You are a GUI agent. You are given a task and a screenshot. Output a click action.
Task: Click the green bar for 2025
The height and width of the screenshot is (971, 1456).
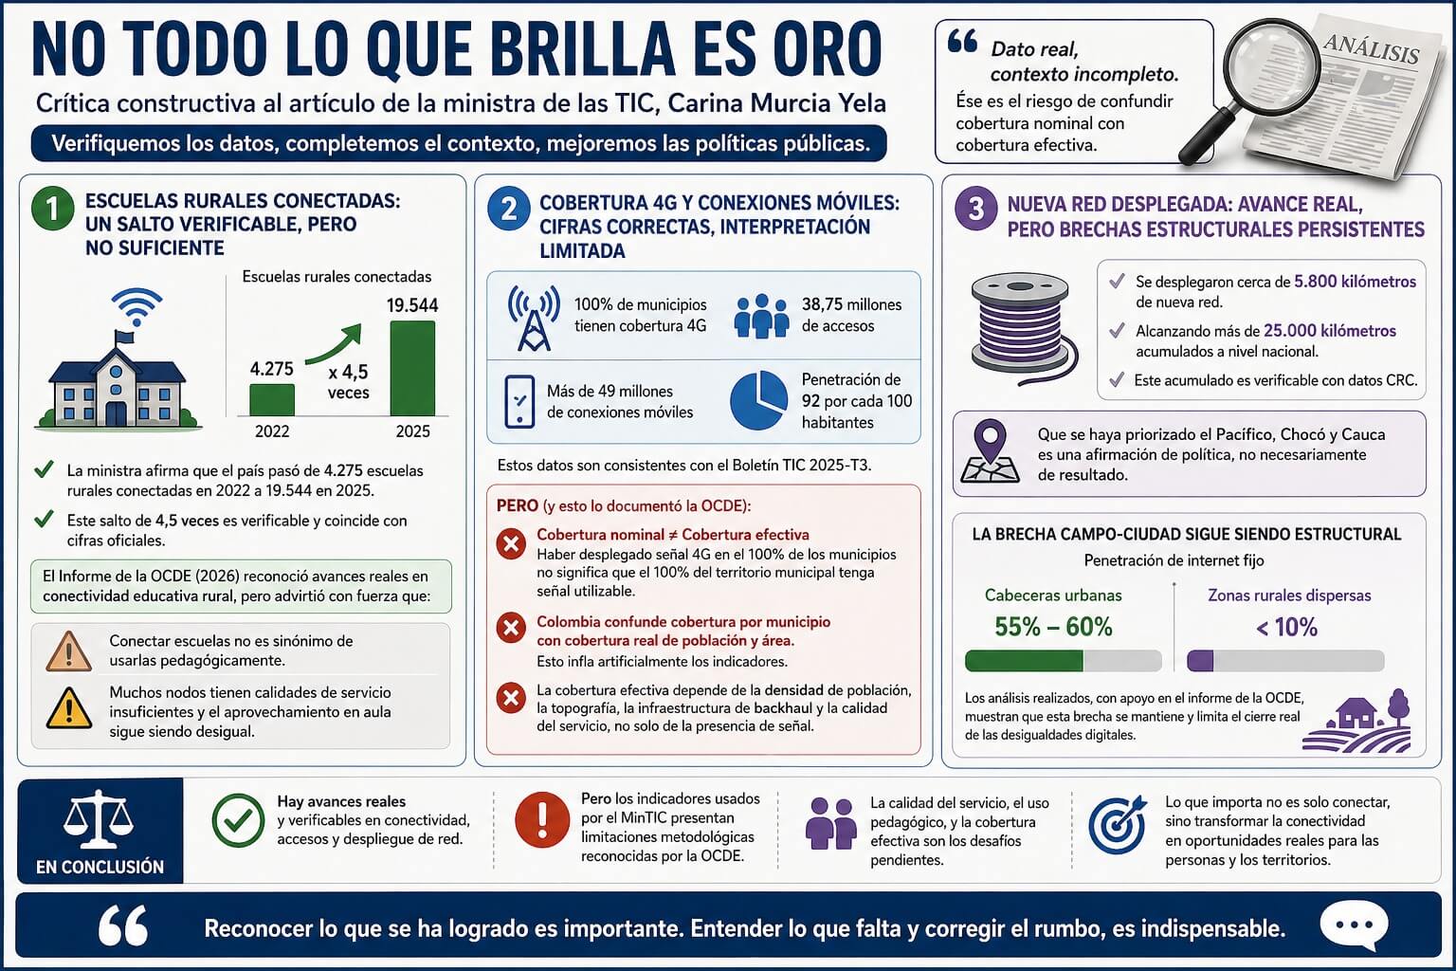(412, 368)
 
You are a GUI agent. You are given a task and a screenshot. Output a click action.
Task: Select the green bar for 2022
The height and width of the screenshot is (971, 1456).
(272, 399)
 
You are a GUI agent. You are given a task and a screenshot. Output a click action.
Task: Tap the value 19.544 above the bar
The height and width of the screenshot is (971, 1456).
(412, 305)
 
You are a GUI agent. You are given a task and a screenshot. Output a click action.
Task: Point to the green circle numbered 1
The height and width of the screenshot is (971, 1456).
(52, 209)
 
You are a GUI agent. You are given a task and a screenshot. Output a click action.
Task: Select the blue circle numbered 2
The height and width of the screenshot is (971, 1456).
(508, 209)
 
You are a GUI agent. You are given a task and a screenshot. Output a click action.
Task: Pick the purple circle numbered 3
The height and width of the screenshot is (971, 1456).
(975, 209)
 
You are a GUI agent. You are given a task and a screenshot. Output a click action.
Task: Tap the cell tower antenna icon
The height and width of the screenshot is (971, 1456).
(533, 317)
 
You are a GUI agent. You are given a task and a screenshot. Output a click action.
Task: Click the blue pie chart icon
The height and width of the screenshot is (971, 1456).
(758, 400)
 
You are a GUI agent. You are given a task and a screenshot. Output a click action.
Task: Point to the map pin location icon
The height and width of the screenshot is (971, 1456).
(991, 451)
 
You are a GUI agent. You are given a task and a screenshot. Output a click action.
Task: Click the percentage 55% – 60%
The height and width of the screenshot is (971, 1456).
(1053, 627)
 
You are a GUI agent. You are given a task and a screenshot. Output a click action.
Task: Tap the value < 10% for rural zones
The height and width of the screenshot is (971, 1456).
(1286, 627)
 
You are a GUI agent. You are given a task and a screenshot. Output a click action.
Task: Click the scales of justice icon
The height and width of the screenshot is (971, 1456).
(99, 820)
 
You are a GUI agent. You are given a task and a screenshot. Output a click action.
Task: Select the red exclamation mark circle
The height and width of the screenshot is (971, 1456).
(542, 819)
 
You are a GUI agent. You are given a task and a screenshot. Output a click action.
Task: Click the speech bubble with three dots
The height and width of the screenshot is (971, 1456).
(1354, 925)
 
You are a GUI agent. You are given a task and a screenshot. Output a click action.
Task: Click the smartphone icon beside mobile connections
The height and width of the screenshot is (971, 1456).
(519, 401)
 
